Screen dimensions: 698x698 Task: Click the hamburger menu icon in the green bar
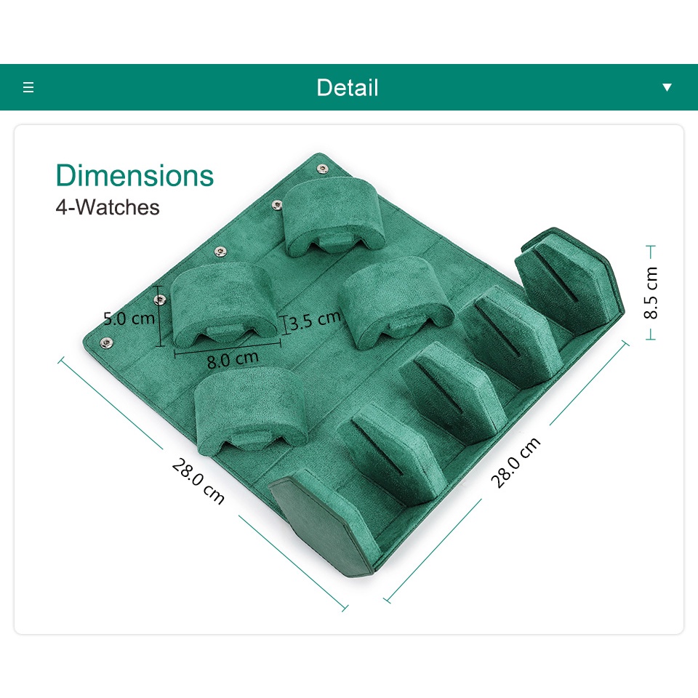[28, 87]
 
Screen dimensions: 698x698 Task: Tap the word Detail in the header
[348, 87]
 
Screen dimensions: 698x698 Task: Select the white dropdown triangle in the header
[667, 87]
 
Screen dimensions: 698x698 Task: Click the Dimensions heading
[135, 175]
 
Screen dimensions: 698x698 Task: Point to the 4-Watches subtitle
[108, 207]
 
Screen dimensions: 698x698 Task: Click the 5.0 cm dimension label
[129, 318]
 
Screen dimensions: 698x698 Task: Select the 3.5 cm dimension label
[315, 320]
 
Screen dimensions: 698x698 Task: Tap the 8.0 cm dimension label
[233, 359]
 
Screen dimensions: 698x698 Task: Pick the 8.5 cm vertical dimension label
[650, 292]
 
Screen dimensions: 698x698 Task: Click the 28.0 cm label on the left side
[198, 481]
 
